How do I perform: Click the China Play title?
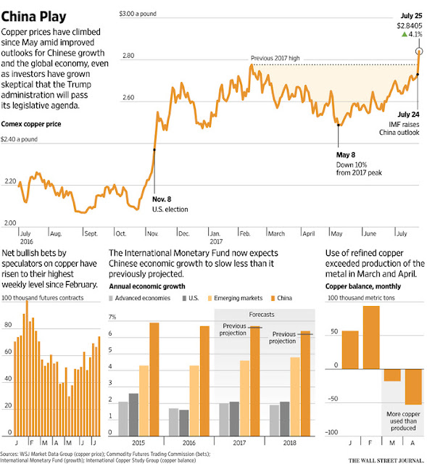(x=33, y=17)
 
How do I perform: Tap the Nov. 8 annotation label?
(x=162, y=199)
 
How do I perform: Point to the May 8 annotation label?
(x=345, y=154)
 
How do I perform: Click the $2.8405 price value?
(x=410, y=26)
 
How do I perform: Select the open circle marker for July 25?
(x=419, y=51)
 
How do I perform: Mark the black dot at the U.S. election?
(x=154, y=150)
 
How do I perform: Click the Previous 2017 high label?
(x=275, y=58)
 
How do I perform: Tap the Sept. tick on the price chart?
(x=91, y=233)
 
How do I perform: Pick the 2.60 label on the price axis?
(x=128, y=97)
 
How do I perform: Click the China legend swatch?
(x=273, y=298)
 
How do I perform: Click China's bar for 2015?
(x=154, y=379)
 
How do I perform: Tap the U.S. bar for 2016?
(x=183, y=423)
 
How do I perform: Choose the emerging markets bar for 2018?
(x=295, y=397)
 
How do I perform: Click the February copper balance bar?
(x=371, y=337)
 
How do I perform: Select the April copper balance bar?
(x=413, y=386)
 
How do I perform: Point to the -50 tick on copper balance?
(x=333, y=399)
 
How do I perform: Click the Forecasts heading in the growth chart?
(x=262, y=314)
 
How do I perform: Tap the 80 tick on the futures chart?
(x=8, y=325)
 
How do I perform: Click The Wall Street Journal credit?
(x=386, y=460)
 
